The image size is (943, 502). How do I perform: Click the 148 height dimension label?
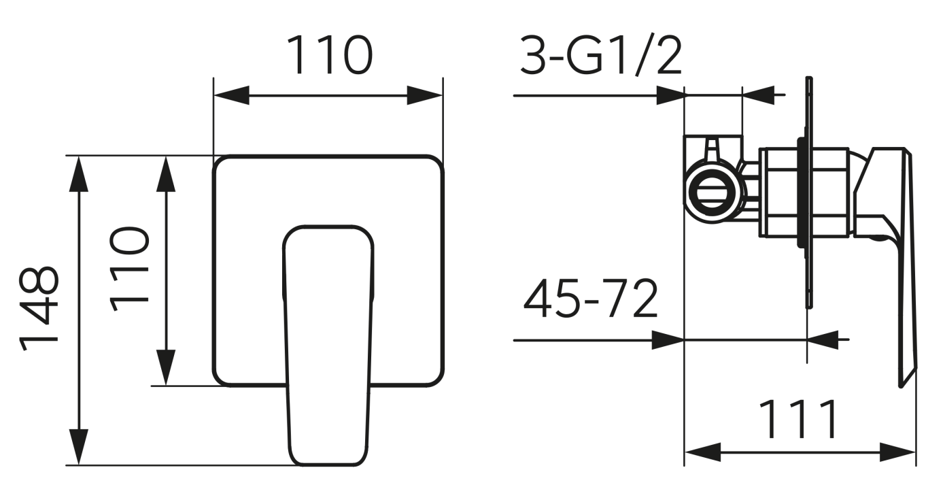coord(40,309)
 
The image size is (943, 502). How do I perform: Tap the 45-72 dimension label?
coord(591,299)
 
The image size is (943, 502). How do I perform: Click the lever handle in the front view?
coord(329,340)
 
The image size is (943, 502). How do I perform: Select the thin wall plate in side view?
coord(808,194)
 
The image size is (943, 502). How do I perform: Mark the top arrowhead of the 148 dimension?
coord(80,173)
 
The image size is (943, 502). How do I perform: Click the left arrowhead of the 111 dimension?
coord(702,452)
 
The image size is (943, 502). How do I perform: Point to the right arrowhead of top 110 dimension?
coord(425,95)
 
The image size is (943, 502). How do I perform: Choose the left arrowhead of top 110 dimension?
coord(231,95)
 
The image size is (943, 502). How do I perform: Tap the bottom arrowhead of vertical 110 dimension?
coord(166,367)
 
